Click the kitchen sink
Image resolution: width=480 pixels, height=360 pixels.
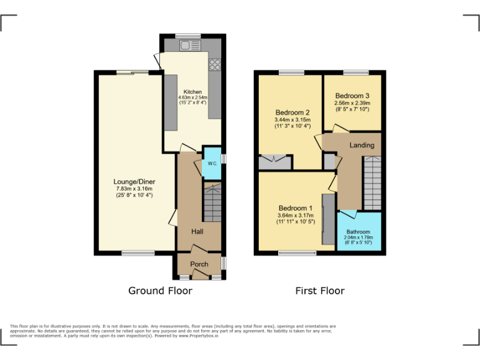[x=186, y=45]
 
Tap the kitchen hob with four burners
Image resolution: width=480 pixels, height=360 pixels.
[x=214, y=64]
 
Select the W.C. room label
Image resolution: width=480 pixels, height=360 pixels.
[x=212, y=163]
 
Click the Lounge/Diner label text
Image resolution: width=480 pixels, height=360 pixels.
[x=134, y=181]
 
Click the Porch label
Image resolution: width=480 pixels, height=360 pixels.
[x=199, y=264]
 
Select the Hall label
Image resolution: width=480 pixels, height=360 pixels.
[x=197, y=232]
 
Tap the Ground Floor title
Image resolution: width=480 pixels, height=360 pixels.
[x=160, y=291]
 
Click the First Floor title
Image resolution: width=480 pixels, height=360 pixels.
[x=320, y=291]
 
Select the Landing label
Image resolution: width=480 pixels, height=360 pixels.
[x=362, y=145]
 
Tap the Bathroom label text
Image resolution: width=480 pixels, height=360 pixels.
[x=359, y=232]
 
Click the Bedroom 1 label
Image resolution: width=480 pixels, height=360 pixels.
[x=296, y=208]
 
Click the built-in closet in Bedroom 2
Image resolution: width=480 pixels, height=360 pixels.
[x=275, y=161]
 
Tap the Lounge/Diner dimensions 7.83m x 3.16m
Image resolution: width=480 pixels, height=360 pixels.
[x=134, y=192]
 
